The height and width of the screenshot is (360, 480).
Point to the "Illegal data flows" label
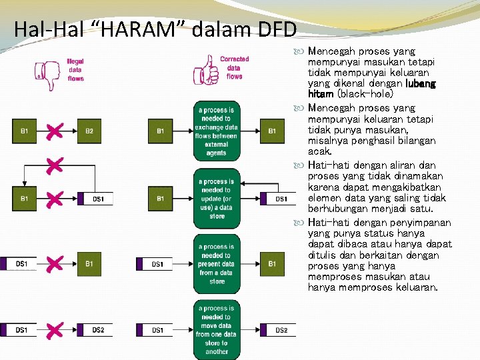[x=76, y=69]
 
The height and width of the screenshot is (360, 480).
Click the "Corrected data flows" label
[x=234, y=67]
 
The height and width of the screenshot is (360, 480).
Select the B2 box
[x=89, y=131]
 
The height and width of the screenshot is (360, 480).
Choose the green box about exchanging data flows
[x=217, y=131]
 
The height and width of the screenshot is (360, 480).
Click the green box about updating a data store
[x=217, y=199]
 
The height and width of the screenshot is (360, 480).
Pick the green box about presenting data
[x=217, y=264]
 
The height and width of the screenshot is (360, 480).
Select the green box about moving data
[x=217, y=329]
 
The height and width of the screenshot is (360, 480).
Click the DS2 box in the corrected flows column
[x=281, y=330]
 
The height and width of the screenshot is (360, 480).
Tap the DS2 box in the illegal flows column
[x=97, y=330]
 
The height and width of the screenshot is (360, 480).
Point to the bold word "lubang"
[x=421, y=83]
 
